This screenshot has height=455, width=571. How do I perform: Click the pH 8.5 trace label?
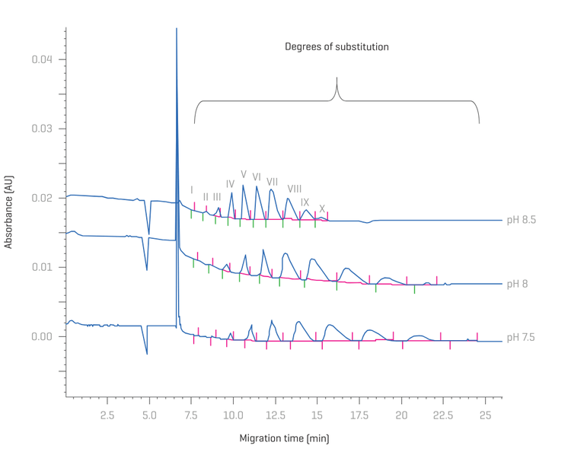click(522, 220)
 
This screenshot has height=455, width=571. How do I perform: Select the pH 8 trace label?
click(517, 284)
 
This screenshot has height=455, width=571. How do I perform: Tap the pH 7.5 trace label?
click(522, 336)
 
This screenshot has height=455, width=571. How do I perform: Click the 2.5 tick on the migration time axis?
click(107, 415)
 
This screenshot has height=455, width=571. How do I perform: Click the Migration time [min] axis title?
click(284, 438)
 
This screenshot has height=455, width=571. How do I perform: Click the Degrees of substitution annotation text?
click(337, 47)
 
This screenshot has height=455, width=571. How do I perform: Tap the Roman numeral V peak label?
click(244, 174)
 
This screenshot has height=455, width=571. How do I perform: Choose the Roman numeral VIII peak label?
click(295, 189)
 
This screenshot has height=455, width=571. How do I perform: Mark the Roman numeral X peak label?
click(322, 208)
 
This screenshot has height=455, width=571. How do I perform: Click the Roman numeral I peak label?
click(192, 189)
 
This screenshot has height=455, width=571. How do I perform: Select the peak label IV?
click(230, 183)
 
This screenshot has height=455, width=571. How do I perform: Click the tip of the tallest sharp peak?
click(177, 29)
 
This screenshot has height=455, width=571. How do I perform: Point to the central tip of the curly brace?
click(337, 78)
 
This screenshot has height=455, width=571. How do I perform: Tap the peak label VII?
click(272, 181)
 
